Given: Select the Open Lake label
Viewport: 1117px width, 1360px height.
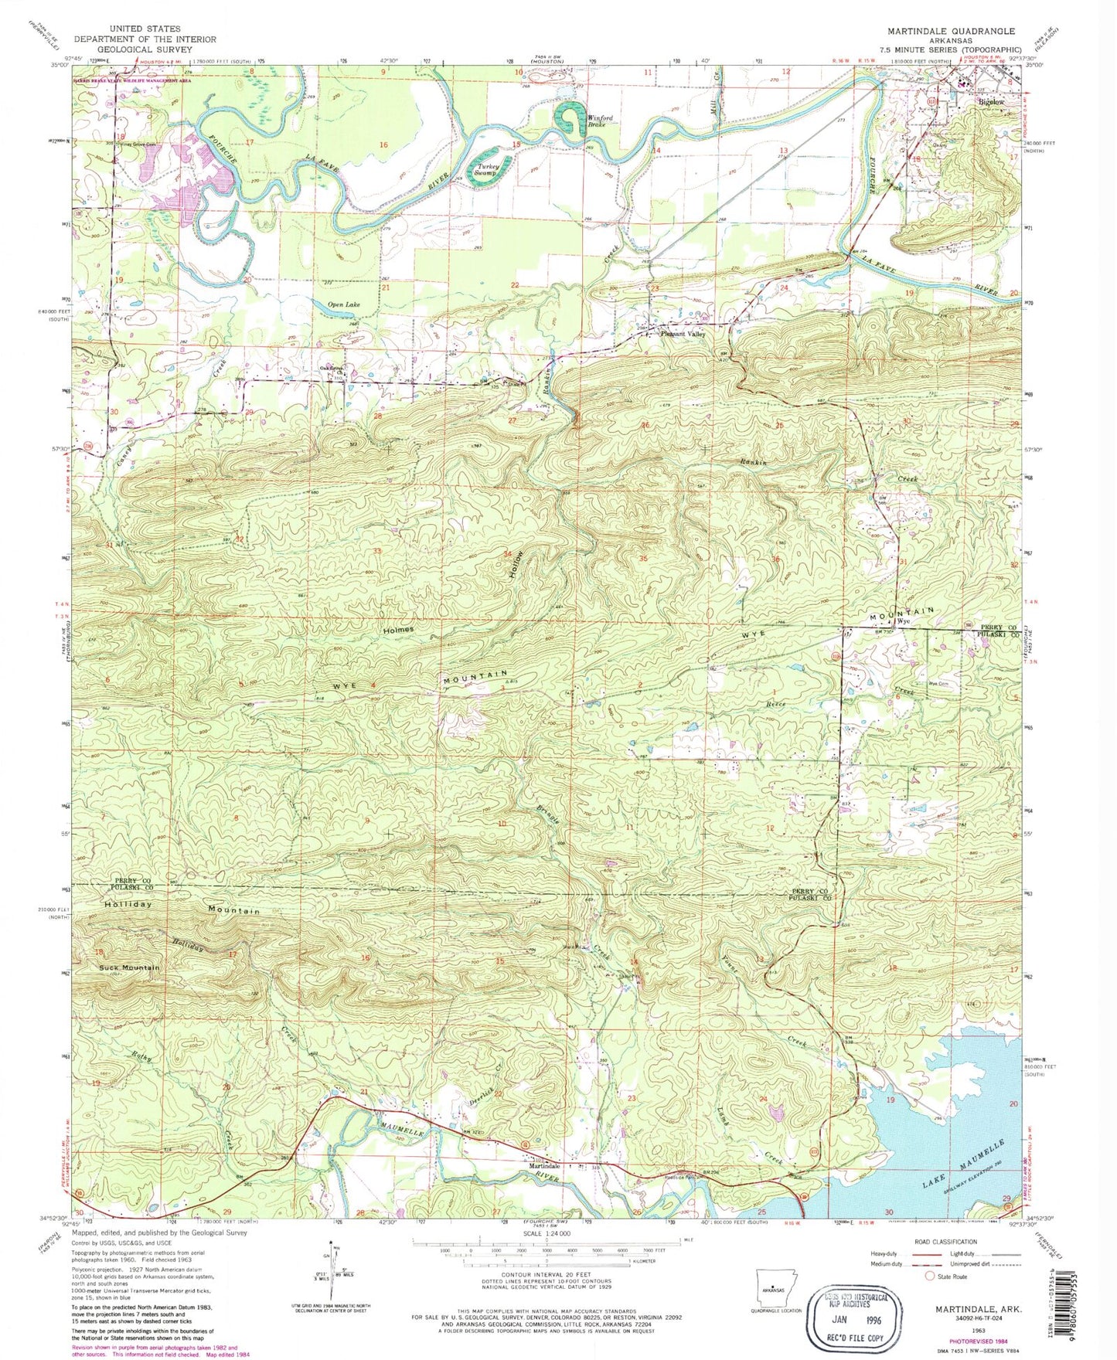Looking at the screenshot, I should coord(344,305).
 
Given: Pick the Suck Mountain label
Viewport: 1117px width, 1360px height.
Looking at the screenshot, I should coord(129,967).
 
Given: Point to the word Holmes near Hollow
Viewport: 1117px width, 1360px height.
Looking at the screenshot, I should coord(397,629).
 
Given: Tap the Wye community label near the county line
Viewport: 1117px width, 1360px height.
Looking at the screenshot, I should coord(902,621).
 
